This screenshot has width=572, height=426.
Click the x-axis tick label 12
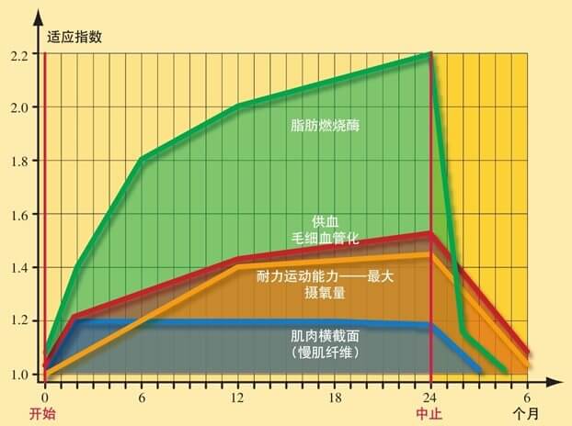tap(238, 397)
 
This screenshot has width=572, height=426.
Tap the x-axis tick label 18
tap(335, 397)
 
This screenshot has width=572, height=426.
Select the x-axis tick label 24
tap(431, 397)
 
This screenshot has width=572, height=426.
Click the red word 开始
tap(43, 414)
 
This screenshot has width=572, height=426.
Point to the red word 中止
tap(429, 414)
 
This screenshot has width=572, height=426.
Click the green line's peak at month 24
tap(431, 54)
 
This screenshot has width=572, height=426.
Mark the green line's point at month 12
tap(238, 106)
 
